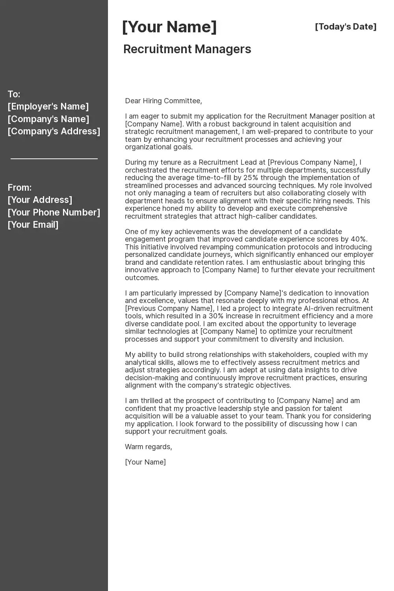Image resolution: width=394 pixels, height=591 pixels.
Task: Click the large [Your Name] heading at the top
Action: tap(169, 27)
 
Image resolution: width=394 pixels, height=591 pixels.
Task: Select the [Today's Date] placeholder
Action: tap(346, 27)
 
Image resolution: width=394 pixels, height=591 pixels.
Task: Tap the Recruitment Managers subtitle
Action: tap(187, 49)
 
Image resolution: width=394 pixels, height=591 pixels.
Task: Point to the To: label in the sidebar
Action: tap(14, 94)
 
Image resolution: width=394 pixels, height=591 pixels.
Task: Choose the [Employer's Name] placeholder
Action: tap(48, 106)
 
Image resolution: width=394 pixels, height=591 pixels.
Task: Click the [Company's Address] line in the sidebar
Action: tap(54, 131)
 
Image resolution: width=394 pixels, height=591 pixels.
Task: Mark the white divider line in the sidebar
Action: tap(54, 159)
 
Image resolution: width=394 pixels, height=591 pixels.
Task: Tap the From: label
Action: tap(19, 188)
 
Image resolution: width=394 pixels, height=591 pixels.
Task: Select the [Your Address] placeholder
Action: tap(40, 200)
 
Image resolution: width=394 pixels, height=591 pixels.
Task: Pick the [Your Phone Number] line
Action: tap(54, 212)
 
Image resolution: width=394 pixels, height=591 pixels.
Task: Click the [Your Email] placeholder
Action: tap(33, 225)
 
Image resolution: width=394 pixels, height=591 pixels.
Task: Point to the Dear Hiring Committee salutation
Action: tap(164, 101)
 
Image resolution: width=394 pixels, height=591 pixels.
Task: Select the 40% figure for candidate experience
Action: tap(359, 239)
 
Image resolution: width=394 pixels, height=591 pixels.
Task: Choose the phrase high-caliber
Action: tap(257, 216)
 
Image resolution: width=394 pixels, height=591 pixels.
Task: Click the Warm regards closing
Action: tap(149, 447)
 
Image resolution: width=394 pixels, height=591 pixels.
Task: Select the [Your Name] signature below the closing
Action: tap(145, 462)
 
